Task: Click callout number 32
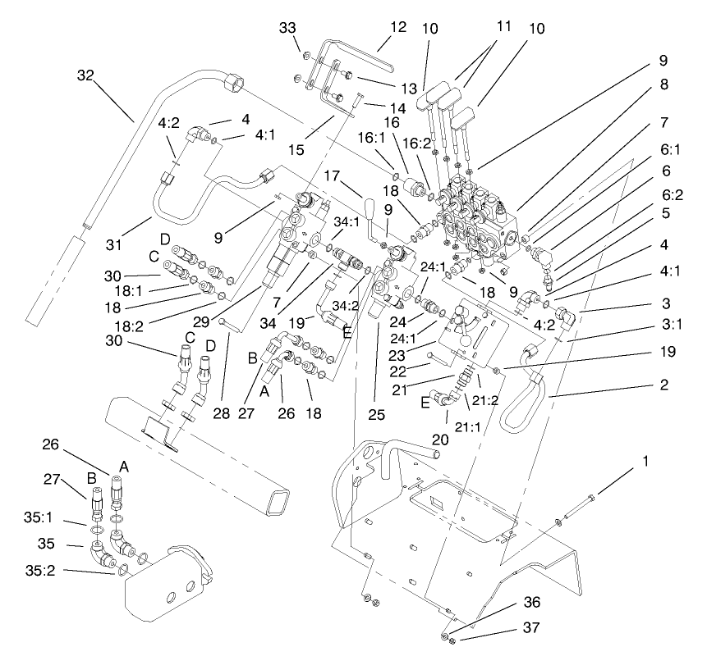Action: click(x=86, y=75)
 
